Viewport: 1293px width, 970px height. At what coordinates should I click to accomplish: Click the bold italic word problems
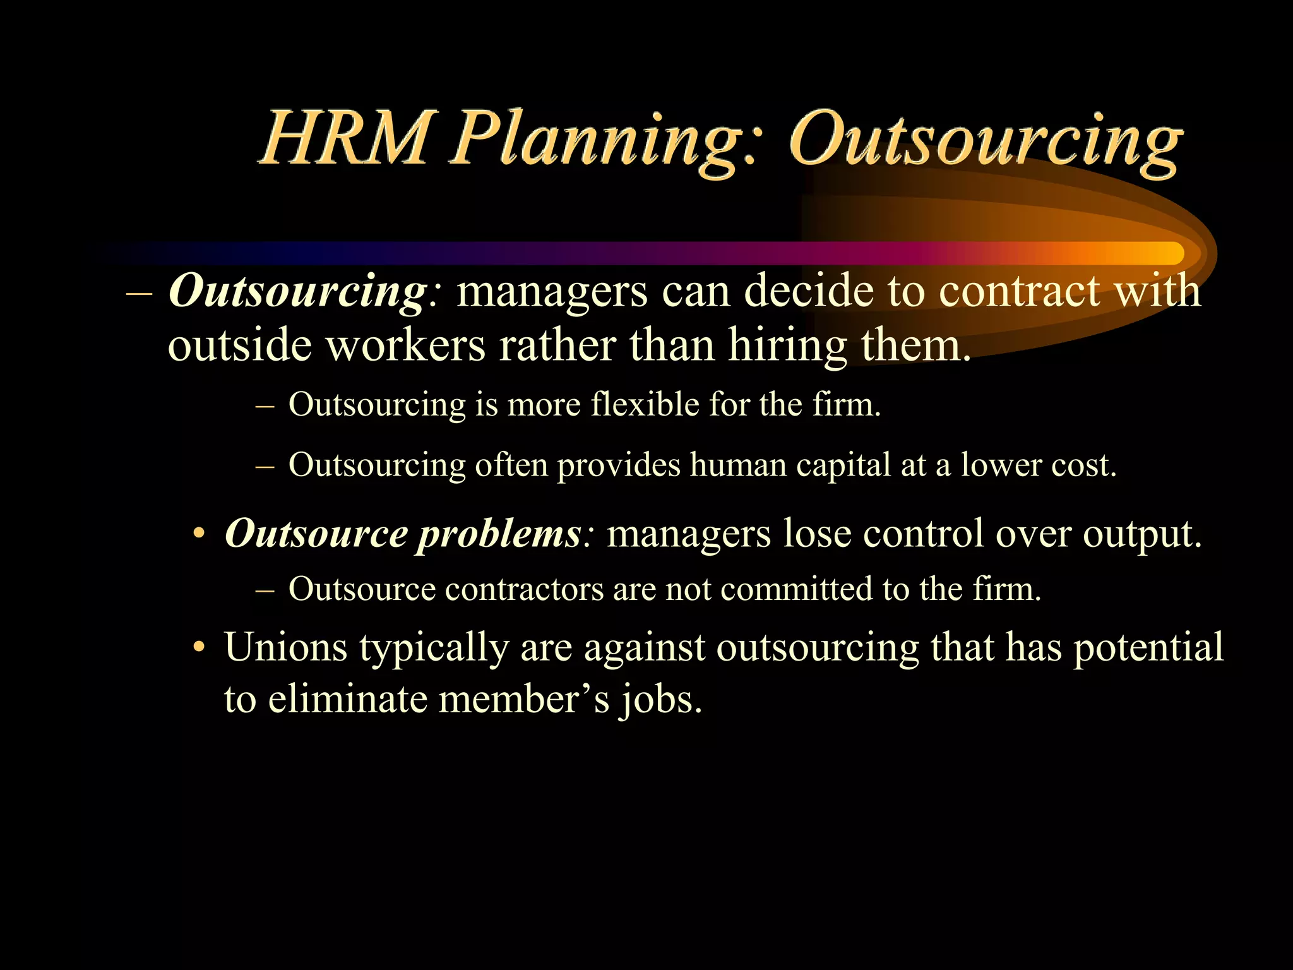click(499, 534)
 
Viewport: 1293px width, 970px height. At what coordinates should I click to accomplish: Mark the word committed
click(796, 589)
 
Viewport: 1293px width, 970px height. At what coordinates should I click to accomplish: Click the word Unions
click(285, 647)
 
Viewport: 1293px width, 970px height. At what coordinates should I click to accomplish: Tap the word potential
click(1148, 648)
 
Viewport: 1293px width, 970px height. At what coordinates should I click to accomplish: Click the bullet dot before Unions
click(200, 647)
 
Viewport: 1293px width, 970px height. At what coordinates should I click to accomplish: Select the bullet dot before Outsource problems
click(200, 534)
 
